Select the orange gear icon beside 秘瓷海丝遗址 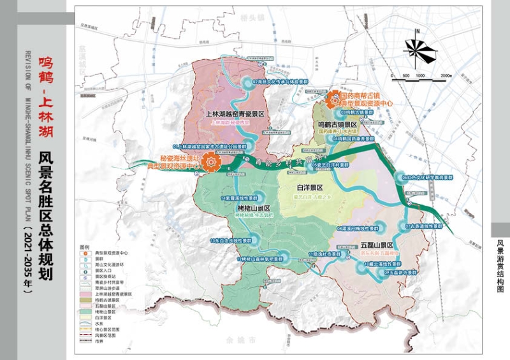point(209,163)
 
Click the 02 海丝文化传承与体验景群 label point(280,82)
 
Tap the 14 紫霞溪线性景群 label point(238,198)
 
